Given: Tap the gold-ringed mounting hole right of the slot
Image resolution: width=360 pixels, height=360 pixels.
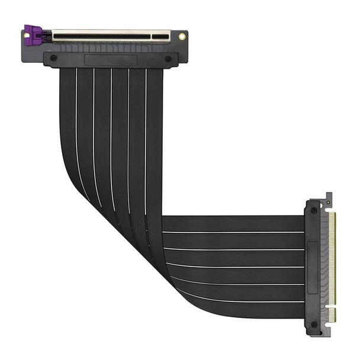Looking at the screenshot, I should click(181, 37).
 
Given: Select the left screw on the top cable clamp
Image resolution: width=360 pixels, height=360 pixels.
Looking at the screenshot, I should click(54, 59).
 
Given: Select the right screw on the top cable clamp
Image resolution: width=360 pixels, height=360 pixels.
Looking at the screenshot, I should click(168, 59).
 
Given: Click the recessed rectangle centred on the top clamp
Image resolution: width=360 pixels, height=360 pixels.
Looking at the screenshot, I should click(111, 60).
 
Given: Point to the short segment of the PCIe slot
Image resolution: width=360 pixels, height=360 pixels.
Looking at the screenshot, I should click(160, 37).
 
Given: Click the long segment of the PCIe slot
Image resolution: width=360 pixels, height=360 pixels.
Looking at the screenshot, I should click(101, 37).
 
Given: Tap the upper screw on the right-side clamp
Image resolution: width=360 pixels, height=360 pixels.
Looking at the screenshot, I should click(313, 210).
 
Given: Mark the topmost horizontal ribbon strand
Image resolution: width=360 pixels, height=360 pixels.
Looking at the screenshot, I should click(237, 223).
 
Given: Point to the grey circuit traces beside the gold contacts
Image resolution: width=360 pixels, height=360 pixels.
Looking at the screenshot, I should click(325, 261).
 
